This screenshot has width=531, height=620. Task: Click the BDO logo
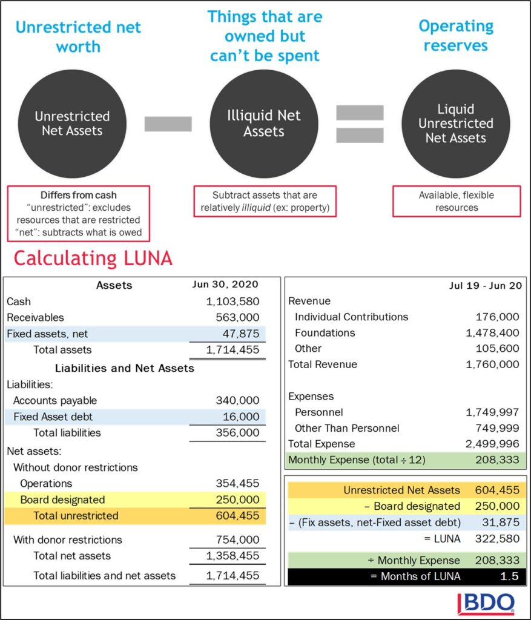click(x=486, y=603)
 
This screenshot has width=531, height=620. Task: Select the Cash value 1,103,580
click(x=233, y=302)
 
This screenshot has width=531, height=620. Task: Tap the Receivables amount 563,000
click(x=237, y=317)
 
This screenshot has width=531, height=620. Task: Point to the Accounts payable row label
click(x=55, y=401)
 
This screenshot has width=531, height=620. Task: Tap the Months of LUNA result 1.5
click(x=509, y=576)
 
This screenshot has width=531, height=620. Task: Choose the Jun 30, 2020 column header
click(x=226, y=285)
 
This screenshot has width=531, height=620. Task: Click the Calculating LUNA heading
click(x=93, y=259)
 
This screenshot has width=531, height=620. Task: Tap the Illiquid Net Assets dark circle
click(x=263, y=124)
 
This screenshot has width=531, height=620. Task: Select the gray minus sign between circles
click(x=168, y=124)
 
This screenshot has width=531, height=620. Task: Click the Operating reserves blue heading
click(x=456, y=36)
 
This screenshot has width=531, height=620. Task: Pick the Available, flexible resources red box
click(x=456, y=202)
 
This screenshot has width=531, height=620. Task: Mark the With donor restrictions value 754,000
click(x=237, y=540)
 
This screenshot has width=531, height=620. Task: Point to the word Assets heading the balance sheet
click(x=114, y=285)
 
